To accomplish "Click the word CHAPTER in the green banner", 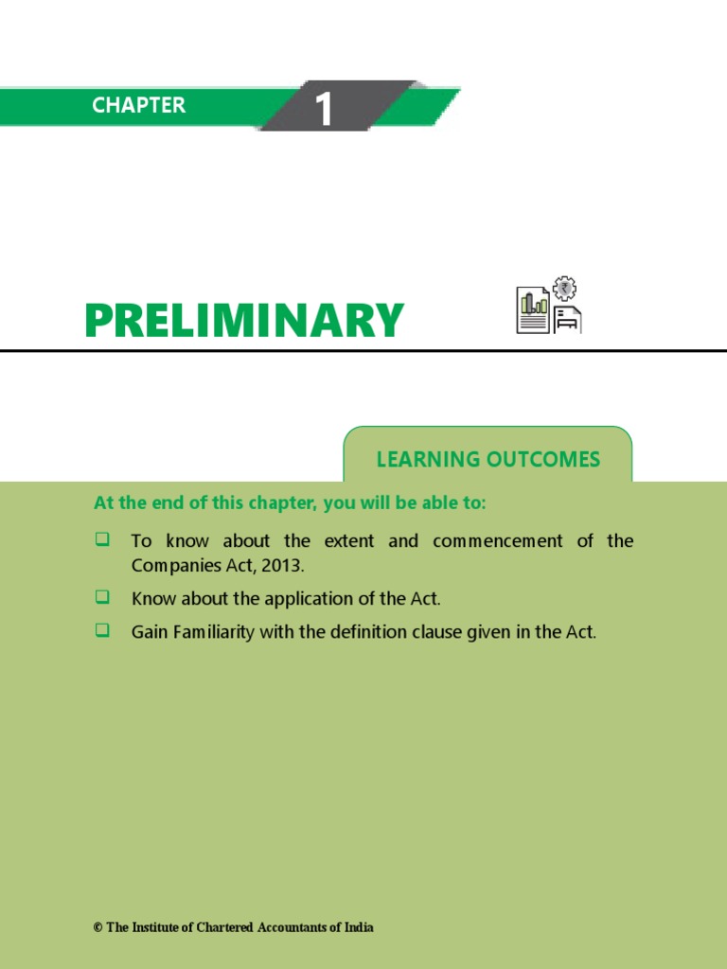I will (139, 105).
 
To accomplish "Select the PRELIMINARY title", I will (244, 321).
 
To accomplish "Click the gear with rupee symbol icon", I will (564, 289).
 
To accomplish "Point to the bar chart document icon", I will (533, 309).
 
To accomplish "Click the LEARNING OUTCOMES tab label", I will (488, 460).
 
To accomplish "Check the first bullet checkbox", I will (102, 539).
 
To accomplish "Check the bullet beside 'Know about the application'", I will (102, 597).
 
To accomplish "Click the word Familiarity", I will (214, 633).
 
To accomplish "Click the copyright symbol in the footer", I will (98, 927).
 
